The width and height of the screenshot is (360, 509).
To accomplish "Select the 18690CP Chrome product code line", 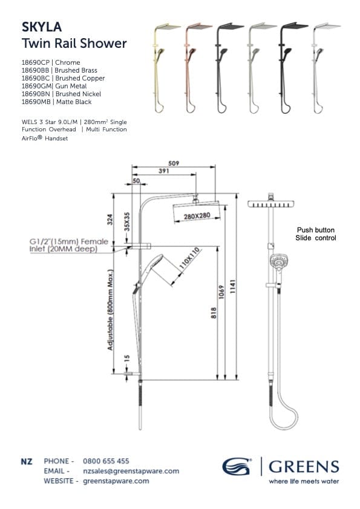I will (51, 62).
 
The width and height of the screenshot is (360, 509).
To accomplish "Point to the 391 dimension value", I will (163, 171).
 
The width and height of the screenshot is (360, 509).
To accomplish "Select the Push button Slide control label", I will (315, 234).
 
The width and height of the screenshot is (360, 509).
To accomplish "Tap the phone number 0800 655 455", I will (106, 461).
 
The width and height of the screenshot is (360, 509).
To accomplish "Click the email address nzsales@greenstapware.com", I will (131, 471).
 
